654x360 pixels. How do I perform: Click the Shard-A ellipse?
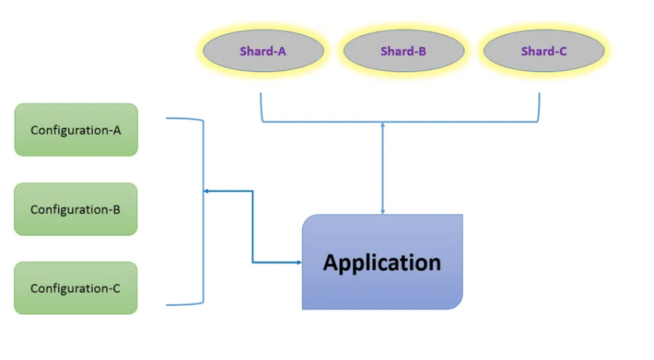pyautogui.click(x=263, y=52)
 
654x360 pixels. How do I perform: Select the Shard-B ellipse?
pyautogui.click(x=403, y=52)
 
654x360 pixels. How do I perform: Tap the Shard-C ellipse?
pyautogui.click(x=543, y=52)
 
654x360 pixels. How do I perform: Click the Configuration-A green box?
pyautogui.click(x=76, y=130)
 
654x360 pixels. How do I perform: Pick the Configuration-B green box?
pyautogui.click(x=76, y=209)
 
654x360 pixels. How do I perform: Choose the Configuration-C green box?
pyautogui.click(x=76, y=288)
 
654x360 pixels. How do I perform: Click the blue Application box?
pyautogui.click(x=382, y=262)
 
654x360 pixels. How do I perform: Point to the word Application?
pyautogui.click(x=382, y=262)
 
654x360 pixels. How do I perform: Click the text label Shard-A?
pyautogui.click(x=263, y=52)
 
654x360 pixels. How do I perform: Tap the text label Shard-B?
pyautogui.click(x=403, y=52)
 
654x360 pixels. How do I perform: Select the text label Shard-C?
pyautogui.click(x=543, y=52)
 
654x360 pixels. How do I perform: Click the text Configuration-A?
pyautogui.click(x=76, y=130)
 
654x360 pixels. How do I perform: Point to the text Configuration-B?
pyautogui.click(x=76, y=209)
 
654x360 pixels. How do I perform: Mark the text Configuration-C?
pyautogui.click(x=76, y=288)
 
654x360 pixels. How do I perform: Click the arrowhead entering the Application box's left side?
pyautogui.click(x=298, y=262)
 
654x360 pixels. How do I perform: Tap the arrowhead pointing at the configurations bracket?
pyautogui.click(x=207, y=191)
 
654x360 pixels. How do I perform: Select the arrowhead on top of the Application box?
pyautogui.click(x=382, y=211)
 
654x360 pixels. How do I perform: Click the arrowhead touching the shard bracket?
pyautogui.click(x=382, y=125)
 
